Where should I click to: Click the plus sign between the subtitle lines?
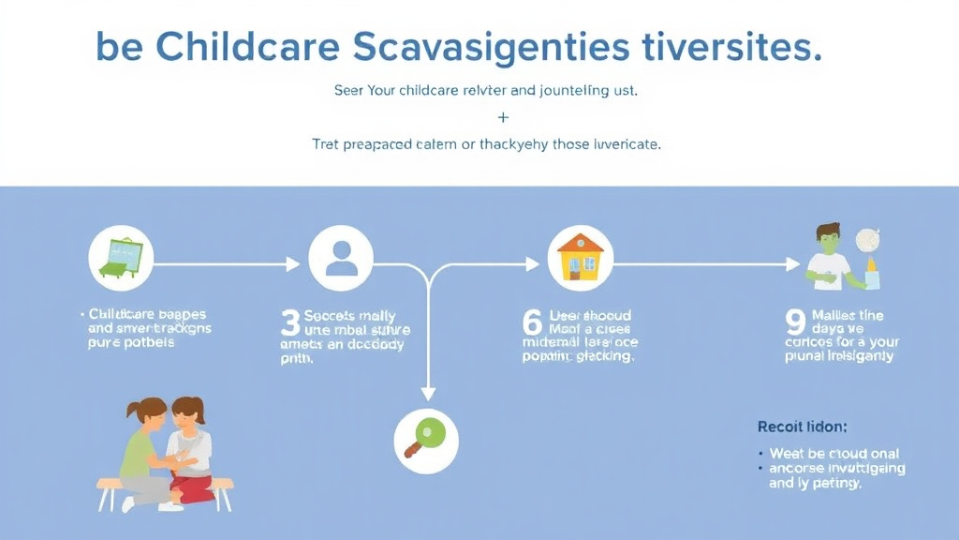pyautogui.click(x=503, y=118)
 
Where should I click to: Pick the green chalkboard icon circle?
pyautogui.click(x=121, y=258)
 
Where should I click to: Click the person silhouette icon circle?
pyautogui.click(x=341, y=258)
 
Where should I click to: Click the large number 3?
pyautogui.click(x=290, y=323)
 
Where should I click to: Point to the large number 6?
pyautogui.click(x=532, y=323)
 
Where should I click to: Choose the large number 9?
pyautogui.click(x=795, y=323)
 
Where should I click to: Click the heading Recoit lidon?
pyautogui.click(x=802, y=427)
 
